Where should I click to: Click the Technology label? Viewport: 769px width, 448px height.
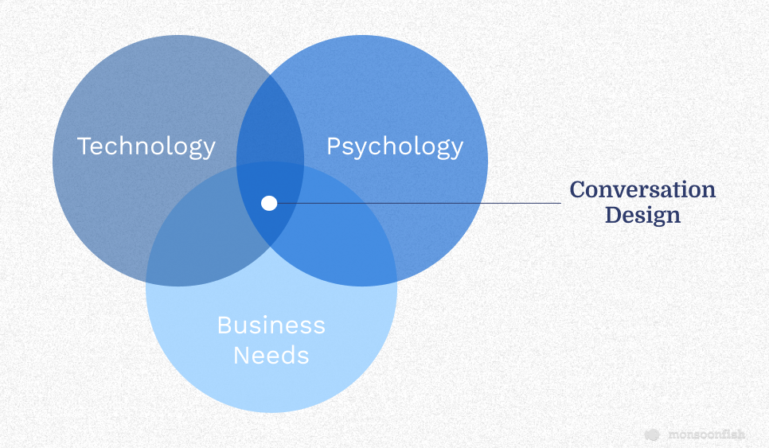pyautogui.click(x=146, y=147)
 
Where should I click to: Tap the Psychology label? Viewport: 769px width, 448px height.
pyautogui.click(x=395, y=147)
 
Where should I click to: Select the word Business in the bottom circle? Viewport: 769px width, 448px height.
pyautogui.click(x=271, y=325)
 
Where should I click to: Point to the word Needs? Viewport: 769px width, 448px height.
pyautogui.click(x=271, y=355)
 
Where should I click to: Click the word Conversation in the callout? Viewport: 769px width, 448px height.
pyautogui.click(x=642, y=189)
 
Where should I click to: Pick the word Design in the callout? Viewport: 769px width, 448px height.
pyautogui.click(x=642, y=216)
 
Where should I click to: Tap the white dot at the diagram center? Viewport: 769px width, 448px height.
pyautogui.click(x=269, y=203)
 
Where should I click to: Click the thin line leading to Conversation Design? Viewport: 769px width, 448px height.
pyautogui.click(x=420, y=203)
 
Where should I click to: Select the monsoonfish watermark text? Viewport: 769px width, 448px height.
pyautogui.click(x=707, y=434)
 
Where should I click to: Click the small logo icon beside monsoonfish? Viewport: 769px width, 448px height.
pyautogui.click(x=652, y=434)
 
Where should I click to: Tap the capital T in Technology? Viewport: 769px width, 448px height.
pyautogui.click(x=84, y=146)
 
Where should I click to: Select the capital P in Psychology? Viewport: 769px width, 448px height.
pyautogui.click(x=334, y=146)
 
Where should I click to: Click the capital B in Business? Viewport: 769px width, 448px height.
pyautogui.click(x=224, y=325)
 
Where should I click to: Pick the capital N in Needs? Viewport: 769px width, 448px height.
pyautogui.click(x=241, y=355)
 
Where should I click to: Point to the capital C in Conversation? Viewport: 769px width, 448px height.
pyautogui.click(x=578, y=189)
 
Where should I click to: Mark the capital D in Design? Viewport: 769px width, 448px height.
pyautogui.click(x=615, y=215)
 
